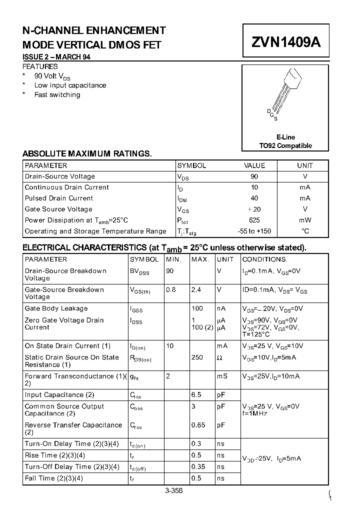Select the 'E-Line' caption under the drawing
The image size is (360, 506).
pos(285,137)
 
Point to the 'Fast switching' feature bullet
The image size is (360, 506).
pos(57,94)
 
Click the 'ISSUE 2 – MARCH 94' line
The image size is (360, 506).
pos(56,57)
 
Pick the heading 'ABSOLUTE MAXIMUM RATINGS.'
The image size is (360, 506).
pos(87,153)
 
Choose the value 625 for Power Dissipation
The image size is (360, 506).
pos(254,220)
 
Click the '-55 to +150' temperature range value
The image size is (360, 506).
pos(254,231)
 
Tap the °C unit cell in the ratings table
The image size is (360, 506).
pos(305,231)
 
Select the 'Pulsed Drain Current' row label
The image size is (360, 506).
pos(59,198)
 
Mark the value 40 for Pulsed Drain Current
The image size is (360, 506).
pos(254,198)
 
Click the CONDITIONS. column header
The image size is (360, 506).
pos(264,259)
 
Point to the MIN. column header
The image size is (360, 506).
pos(174,259)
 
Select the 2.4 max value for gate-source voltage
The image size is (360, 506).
pos(196,289)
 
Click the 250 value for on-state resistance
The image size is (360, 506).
pos(197,357)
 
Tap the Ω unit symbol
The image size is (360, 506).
pos(219,357)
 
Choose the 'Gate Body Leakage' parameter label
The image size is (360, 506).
pos(56,308)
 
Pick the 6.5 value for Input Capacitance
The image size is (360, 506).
pos(196,394)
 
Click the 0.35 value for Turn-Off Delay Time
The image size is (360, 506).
pos(198,466)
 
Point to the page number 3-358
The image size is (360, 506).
pos(173,490)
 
